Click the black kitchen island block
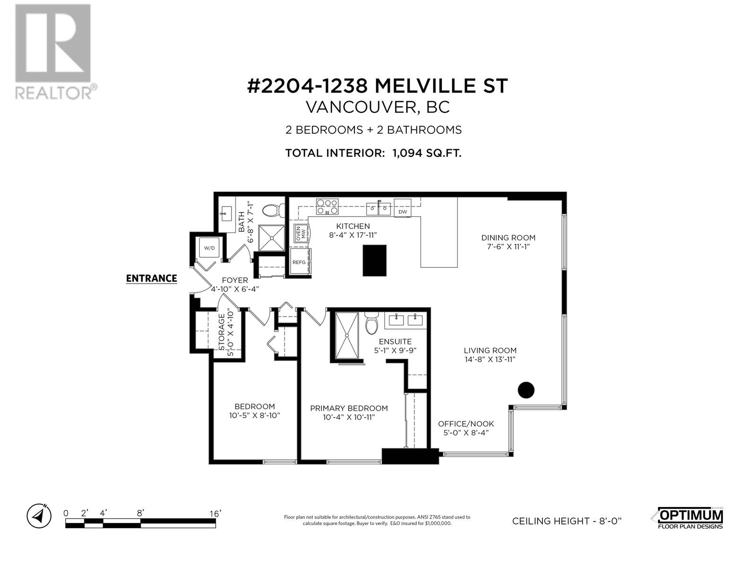click(375, 260)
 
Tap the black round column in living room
click(526, 390)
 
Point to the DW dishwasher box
click(403, 209)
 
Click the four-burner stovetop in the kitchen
click(327, 206)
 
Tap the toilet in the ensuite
click(372, 323)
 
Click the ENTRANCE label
click(151, 278)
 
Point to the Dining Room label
click(508, 238)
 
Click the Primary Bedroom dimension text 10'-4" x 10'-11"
click(349, 417)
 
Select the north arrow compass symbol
click(39, 516)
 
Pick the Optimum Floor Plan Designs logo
click(690, 518)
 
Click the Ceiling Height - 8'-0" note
click(567, 521)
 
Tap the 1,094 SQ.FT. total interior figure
click(426, 153)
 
